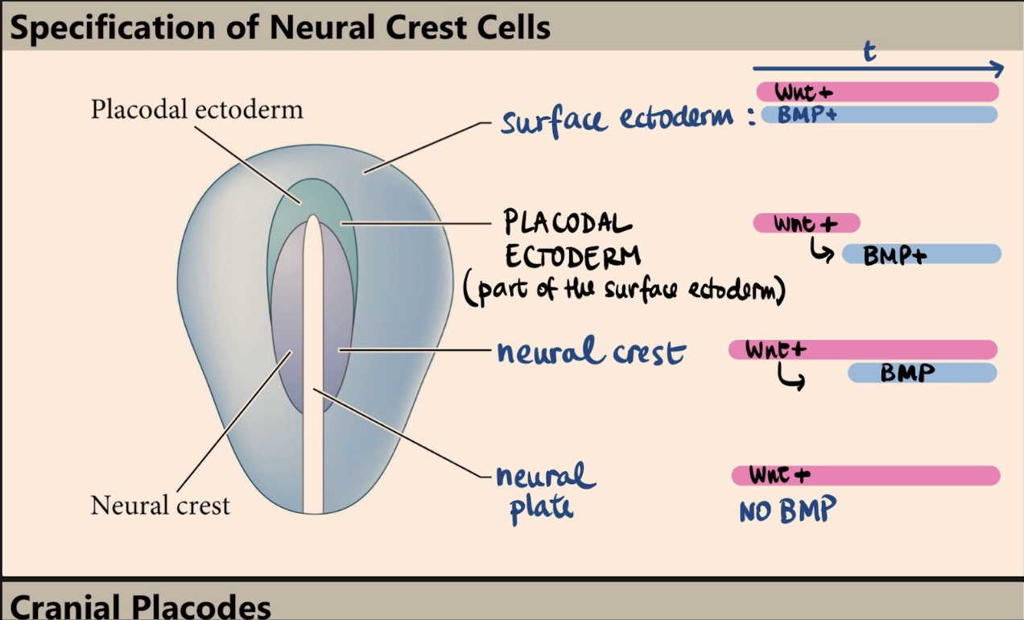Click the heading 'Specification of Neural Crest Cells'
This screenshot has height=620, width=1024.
pos(279,27)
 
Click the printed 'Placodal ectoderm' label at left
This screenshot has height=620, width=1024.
pos(196,110)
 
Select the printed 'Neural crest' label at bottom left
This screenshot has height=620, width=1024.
pos(160,506)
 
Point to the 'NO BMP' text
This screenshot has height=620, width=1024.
pos(787,510)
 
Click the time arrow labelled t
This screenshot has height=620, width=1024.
pos(877,68)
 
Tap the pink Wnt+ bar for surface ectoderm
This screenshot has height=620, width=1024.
pos(877,92)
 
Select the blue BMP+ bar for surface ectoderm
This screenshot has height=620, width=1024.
pos(877,114)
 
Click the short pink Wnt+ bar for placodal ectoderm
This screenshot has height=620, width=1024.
pos(806,223)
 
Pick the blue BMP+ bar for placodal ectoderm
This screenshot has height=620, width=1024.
pos(921,255)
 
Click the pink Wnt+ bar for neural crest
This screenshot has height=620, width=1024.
pos(862,349)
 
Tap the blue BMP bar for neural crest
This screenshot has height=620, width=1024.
pos(922,373)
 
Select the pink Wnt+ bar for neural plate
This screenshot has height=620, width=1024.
pos(865,476)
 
